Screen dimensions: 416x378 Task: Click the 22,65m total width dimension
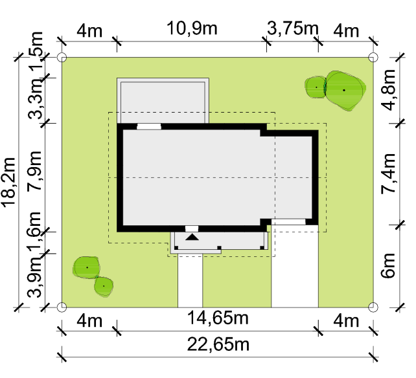[x=218, y=344]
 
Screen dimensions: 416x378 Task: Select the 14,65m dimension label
[x=218, y=318]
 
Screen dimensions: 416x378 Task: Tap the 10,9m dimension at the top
[x=192, y=28]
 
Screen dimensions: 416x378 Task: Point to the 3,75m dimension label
[x=292, y=28]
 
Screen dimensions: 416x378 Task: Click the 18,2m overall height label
[x=8, y=182]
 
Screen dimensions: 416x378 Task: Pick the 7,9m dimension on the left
[x=34, y=171]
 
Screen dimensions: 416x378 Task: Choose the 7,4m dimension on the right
[x=388, y=174]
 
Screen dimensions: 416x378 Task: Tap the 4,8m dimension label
[x=388, y=89]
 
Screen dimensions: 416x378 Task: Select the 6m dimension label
[x=388, y=265]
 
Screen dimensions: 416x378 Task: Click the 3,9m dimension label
[x=34, y=277]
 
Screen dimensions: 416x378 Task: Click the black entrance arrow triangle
[x=192, y=237]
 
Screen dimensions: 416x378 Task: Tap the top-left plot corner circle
[x=62, y=57]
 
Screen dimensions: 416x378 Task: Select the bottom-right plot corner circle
[x=373, y=307]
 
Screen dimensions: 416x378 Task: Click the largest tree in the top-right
[x=344, y=91]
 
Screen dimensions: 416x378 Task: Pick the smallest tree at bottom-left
[x=104, y=286]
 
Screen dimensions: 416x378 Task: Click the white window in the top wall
[x=149, y=126]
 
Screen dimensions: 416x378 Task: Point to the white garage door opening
[x=288, y=222]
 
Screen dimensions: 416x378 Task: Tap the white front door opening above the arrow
[x=192, y=228]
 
